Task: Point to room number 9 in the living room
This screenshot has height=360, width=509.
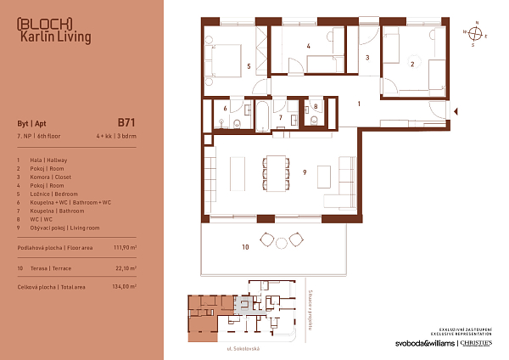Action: point(304,173)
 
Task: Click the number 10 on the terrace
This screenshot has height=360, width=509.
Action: point(245,247)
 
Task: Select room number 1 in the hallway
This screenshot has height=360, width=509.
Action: point(360,103)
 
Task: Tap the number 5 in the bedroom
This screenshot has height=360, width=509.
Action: point(248,65)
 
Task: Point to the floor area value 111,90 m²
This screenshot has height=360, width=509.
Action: point(125,248)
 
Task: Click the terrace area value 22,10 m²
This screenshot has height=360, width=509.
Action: point(126,267)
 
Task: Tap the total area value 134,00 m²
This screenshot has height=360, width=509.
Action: point(125,287)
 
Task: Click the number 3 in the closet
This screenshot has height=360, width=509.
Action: point(367,58)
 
